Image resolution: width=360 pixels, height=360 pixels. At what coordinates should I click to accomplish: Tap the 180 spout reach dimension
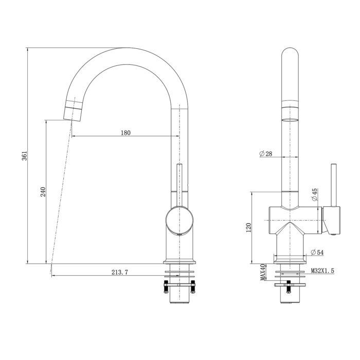click(125, 133)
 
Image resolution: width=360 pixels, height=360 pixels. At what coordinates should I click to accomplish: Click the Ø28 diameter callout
click(266, 154)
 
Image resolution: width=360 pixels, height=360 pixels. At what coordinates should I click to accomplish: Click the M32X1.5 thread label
click(323, 269)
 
